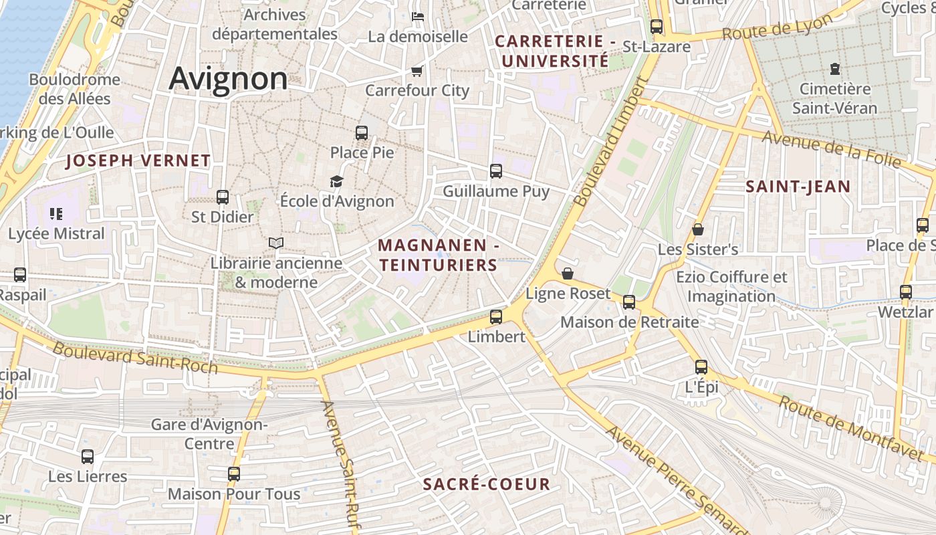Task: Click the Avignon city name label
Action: [x=228, y=78]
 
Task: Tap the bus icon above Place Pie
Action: [x=362, y=132]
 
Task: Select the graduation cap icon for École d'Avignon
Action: [x=336, y=181]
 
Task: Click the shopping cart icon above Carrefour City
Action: [x=417, y=71]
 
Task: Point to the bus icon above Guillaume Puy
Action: [x=496, y=171]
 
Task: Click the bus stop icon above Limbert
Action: [x=496, y=316]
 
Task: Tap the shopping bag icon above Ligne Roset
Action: [x=568, y=274]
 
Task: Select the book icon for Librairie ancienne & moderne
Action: [x=276, y=243]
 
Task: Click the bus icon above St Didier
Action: [x=223, y=197]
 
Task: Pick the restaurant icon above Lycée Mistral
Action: [x=56, y=214]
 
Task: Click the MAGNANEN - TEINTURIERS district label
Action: [x=439, y=255]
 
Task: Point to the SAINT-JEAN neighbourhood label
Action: [x=798, y=187]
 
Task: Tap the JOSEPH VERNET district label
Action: [x=138, y=160]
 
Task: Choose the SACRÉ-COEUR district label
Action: [x=487, y=484]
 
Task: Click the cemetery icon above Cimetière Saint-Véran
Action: [x=834, y=68]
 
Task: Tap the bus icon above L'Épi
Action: [x=701, y=366]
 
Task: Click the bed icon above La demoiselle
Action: [x=418, y=17]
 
